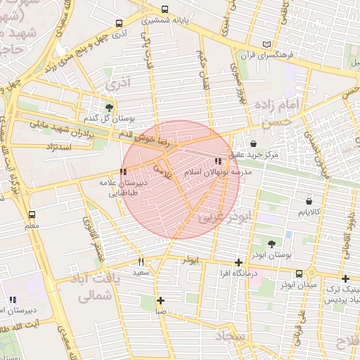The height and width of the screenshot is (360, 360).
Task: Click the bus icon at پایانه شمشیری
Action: coord(165,10)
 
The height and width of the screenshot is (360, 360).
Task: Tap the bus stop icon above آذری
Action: coord(119,23)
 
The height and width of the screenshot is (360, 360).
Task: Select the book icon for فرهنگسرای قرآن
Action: coord(266,44)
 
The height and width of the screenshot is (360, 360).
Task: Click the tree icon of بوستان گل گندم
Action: coord(109,108)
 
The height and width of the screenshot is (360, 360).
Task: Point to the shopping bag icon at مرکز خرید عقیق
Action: coord(253,143)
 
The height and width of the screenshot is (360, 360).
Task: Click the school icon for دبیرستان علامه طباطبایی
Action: coord(123,171)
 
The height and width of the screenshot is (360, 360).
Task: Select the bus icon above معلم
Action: coord(31,214)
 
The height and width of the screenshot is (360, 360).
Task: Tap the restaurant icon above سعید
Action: coord(141,260)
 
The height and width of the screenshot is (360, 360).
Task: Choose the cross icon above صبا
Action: coord(160,300)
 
